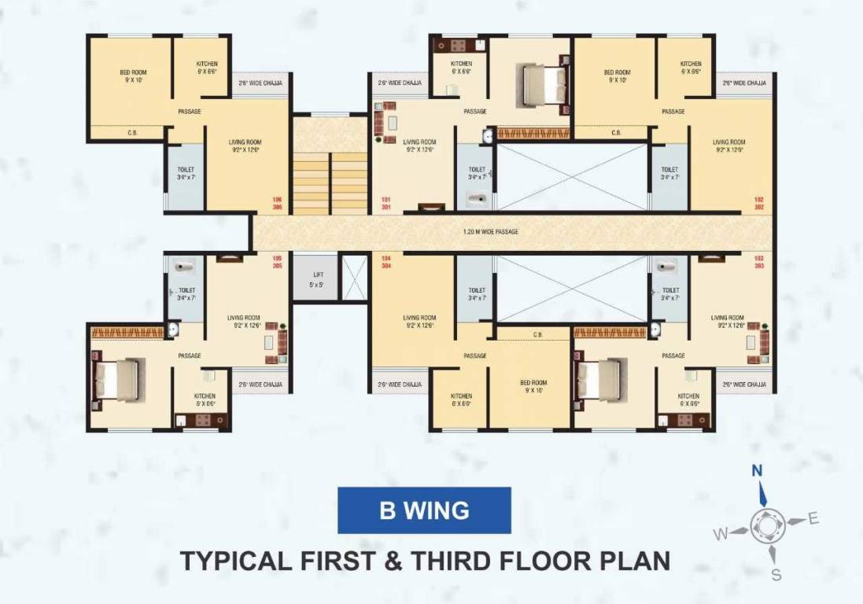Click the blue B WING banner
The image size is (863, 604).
pyautogui.click(x=424, y=510)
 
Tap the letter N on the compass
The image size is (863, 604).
pyautogui.click(x=757, y=471)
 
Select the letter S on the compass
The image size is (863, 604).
pyautogui.click(x=776, y=575)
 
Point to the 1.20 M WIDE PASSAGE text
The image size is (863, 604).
pyautogui.click(x=491, y=232)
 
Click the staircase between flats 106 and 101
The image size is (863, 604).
pyautogui.click(x=330, y=182)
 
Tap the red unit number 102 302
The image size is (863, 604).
pyautogui.click(x=758, y=203)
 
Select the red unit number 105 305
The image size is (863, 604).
pyautogui.click(x=277, y=262)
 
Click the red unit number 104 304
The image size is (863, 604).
pyautogui.click(x=386, y=262)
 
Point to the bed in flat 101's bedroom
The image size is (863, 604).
pyautogui.click(x=543, y=83)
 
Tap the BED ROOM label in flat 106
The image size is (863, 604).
pyautogui.click(x=134, y=75)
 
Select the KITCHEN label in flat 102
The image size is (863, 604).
pyautogui.click(x=691, y=68)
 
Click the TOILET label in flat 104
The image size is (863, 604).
pyautogui.click(x=476, y=294)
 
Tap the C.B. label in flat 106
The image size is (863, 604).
pyautogui.click(x=132, y=133)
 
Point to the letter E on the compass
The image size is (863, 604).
pyautogui.click(x=813, y=517)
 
